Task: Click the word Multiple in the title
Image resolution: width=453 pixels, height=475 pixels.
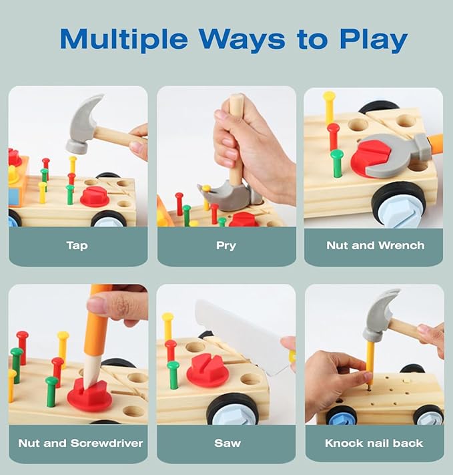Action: tap(123, 39)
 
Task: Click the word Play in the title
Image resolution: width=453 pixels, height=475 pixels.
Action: tap(374, 39)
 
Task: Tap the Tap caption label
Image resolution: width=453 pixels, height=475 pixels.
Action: tap(77, 246)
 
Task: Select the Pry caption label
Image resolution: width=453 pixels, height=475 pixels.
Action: tap(226, 246)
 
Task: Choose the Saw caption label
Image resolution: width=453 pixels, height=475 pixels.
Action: tap(228, 443)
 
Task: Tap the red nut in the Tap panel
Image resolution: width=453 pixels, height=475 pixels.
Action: tap(95, 196)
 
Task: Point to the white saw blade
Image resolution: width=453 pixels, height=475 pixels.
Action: tap(242, 336)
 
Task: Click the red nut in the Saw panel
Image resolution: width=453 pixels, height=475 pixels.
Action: tap(206, 371)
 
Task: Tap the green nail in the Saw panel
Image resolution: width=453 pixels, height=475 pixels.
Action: tap(173, 375)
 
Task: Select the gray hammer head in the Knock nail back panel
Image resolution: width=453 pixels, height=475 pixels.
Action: tap(380, 315)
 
